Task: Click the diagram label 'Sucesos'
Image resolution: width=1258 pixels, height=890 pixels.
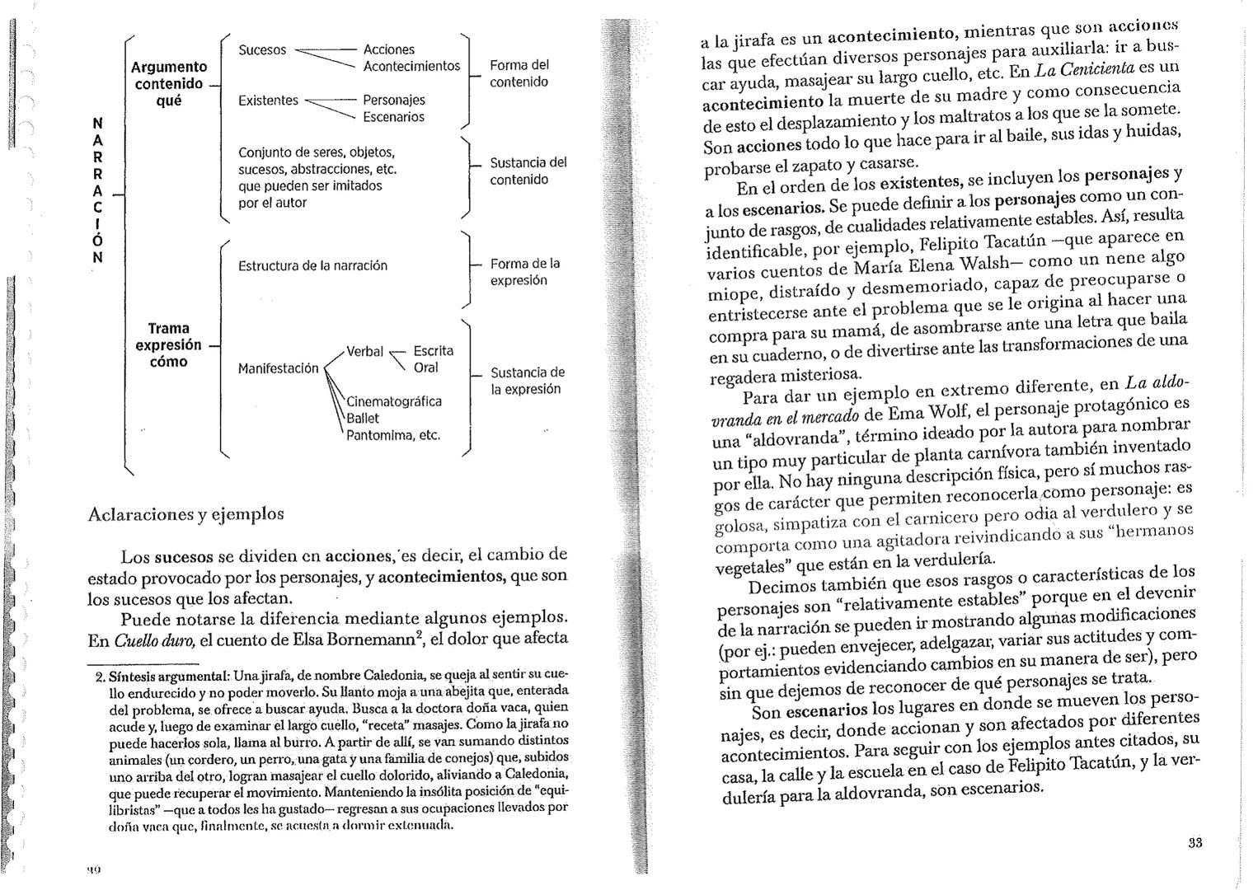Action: point(262,50)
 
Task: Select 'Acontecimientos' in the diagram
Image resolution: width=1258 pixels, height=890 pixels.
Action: point(411,66)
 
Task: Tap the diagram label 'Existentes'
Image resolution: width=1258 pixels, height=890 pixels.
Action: point(268,101)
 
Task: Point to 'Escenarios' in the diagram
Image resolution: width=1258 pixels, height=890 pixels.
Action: point(393,117)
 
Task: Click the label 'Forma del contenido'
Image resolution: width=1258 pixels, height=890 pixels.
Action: point(519,73)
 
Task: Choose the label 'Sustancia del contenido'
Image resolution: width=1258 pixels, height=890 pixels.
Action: point(528,171)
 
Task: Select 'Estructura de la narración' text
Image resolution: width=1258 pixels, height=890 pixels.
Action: point(312,266)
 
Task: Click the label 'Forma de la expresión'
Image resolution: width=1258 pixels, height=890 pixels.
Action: point(524,272)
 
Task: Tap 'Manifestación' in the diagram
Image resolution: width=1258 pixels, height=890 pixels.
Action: point(278,368)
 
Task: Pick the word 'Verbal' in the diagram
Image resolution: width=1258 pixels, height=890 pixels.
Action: point(364,352)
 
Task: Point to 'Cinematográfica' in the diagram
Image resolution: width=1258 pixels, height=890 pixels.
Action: point(393,402)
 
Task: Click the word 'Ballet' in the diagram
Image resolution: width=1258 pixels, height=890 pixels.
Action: point(363,419)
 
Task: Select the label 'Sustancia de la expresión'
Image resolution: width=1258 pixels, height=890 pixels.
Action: point(528,381)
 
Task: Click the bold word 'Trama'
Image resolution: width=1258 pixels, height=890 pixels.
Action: point(168,328)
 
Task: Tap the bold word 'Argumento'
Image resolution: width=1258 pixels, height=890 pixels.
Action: point(169,67)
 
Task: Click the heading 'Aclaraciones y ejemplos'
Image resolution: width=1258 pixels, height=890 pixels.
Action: point(185,514)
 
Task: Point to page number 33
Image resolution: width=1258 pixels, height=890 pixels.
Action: point(1195,843)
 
